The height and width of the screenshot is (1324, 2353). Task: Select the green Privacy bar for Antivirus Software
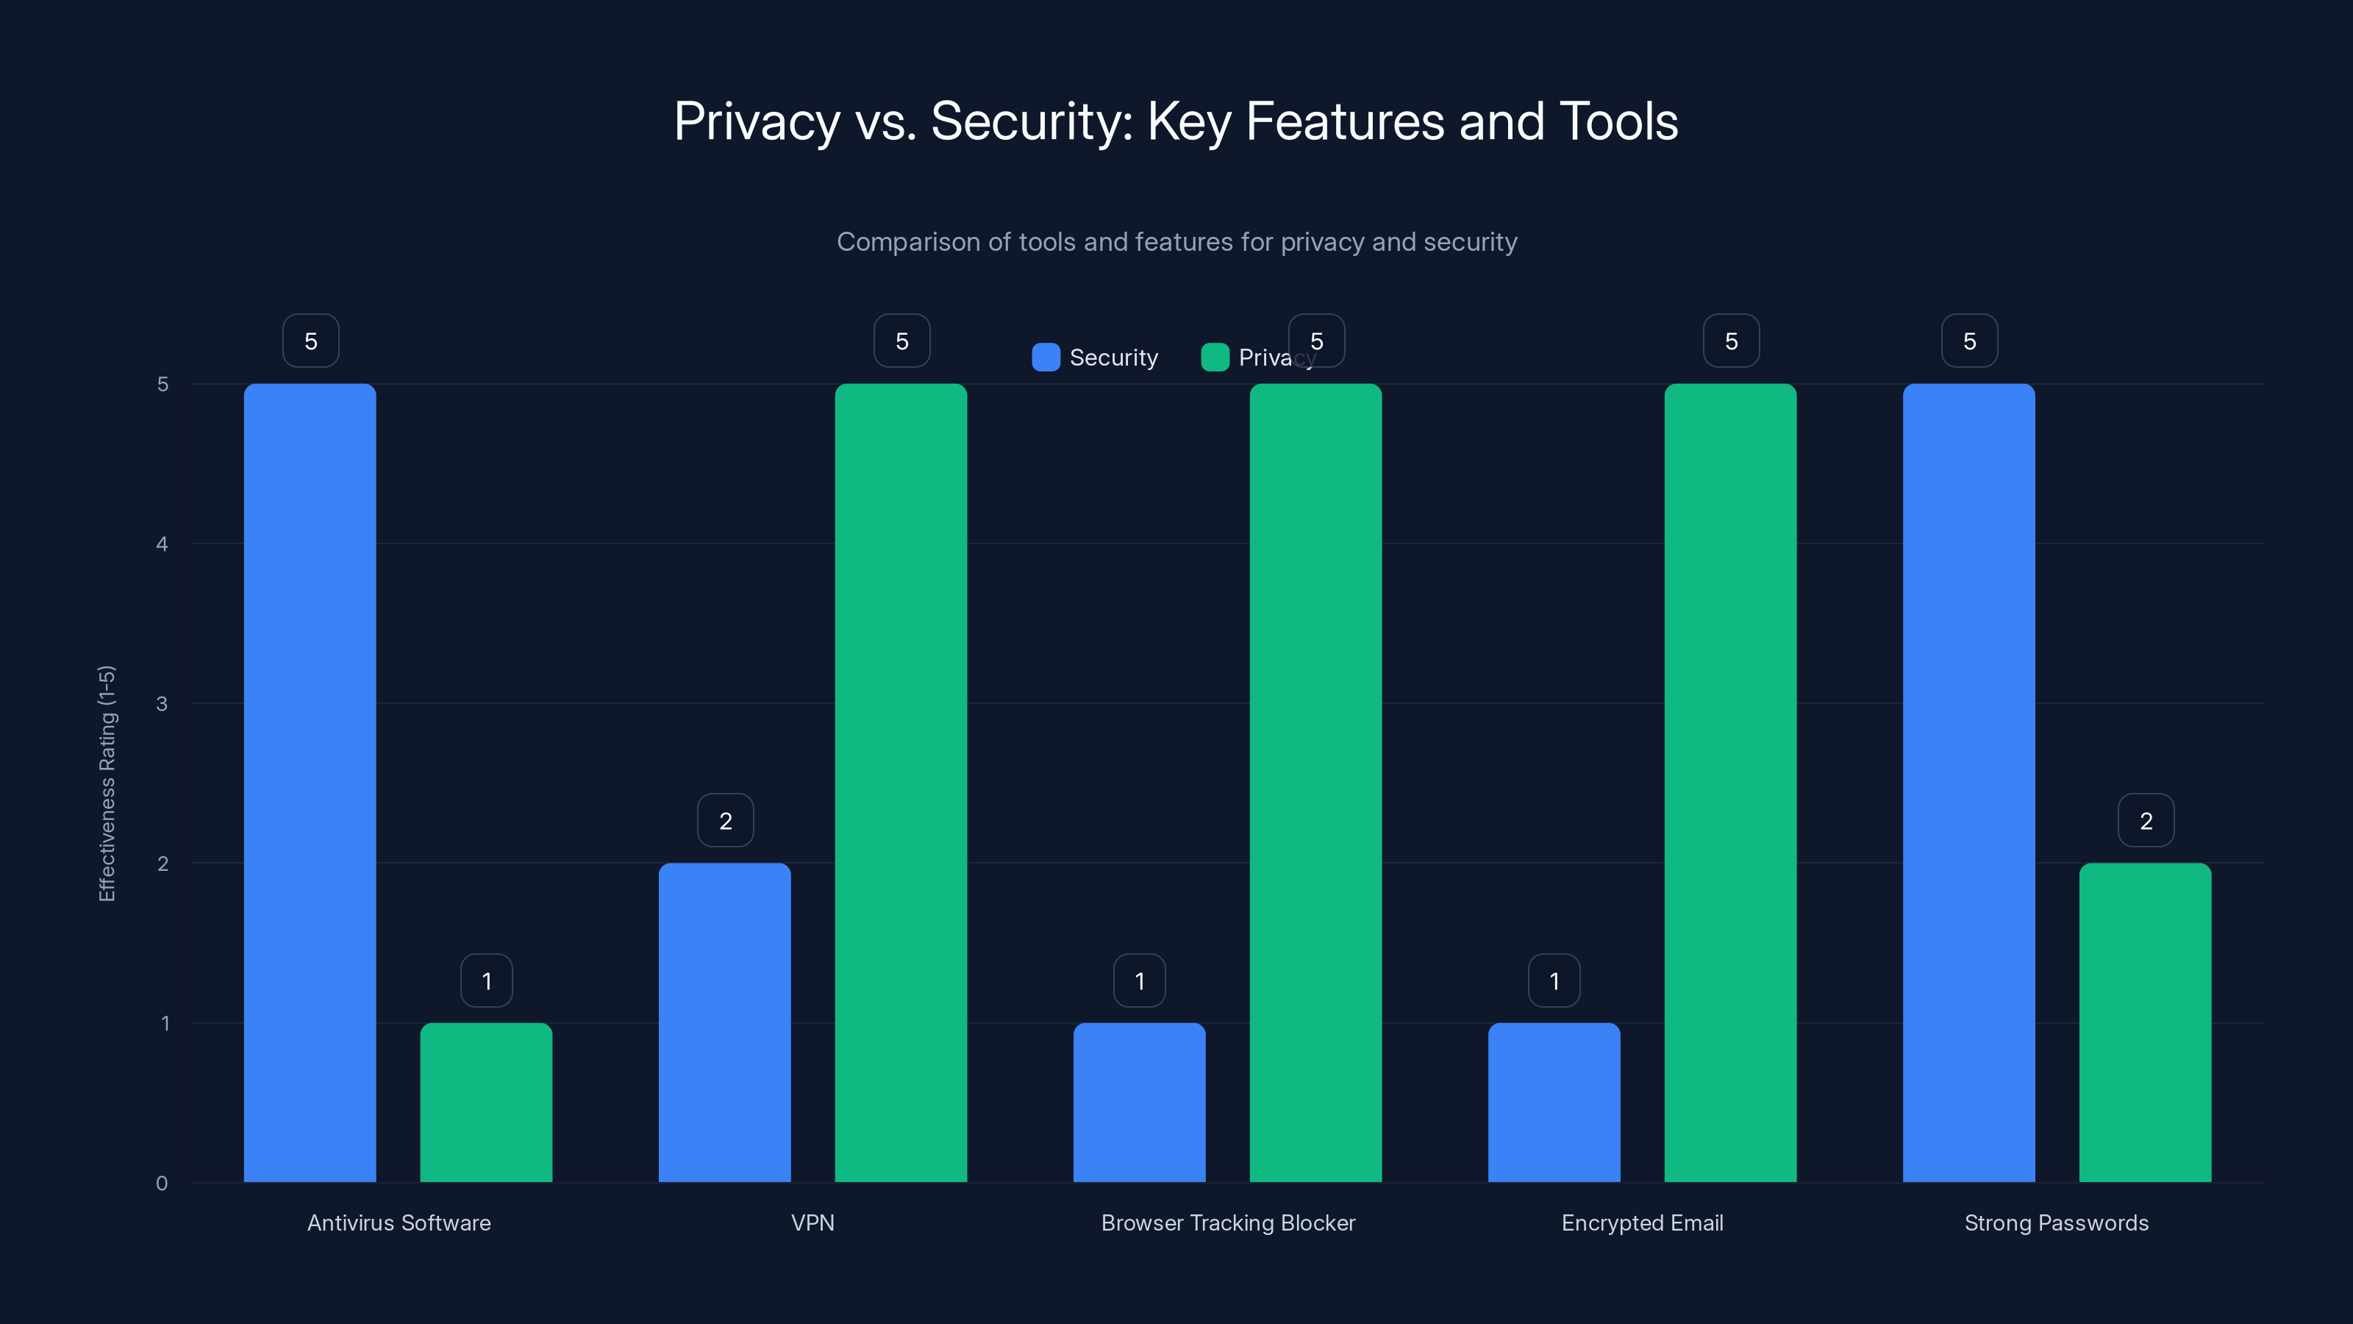click(486, 1102)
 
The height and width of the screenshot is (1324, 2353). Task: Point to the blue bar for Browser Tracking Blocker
click(1139, 1102)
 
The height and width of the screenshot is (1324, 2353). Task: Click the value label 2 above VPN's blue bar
click(725, 821)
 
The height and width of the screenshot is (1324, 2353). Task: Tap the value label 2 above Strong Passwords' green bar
click(2146, 821)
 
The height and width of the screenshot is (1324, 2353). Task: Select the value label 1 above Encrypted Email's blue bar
click(1554, 980)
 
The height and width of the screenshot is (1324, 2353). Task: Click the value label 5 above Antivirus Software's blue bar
click(310, 341)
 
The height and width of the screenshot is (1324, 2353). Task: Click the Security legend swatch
click(1046, 357)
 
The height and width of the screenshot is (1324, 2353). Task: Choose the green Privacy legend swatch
click(1215, 357)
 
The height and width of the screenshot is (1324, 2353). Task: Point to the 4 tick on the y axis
click(163, 544)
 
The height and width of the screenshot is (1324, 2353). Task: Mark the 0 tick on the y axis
click(163, 1184)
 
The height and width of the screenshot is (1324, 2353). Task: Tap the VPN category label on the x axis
click(812, 1222)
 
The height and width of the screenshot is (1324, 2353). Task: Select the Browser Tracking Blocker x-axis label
click(1228, 1222)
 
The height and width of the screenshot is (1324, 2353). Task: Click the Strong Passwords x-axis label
click(2056, 1222)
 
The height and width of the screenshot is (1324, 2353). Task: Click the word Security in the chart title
click(1030, 121)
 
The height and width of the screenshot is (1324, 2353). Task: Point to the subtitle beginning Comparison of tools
click(1176, 242)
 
